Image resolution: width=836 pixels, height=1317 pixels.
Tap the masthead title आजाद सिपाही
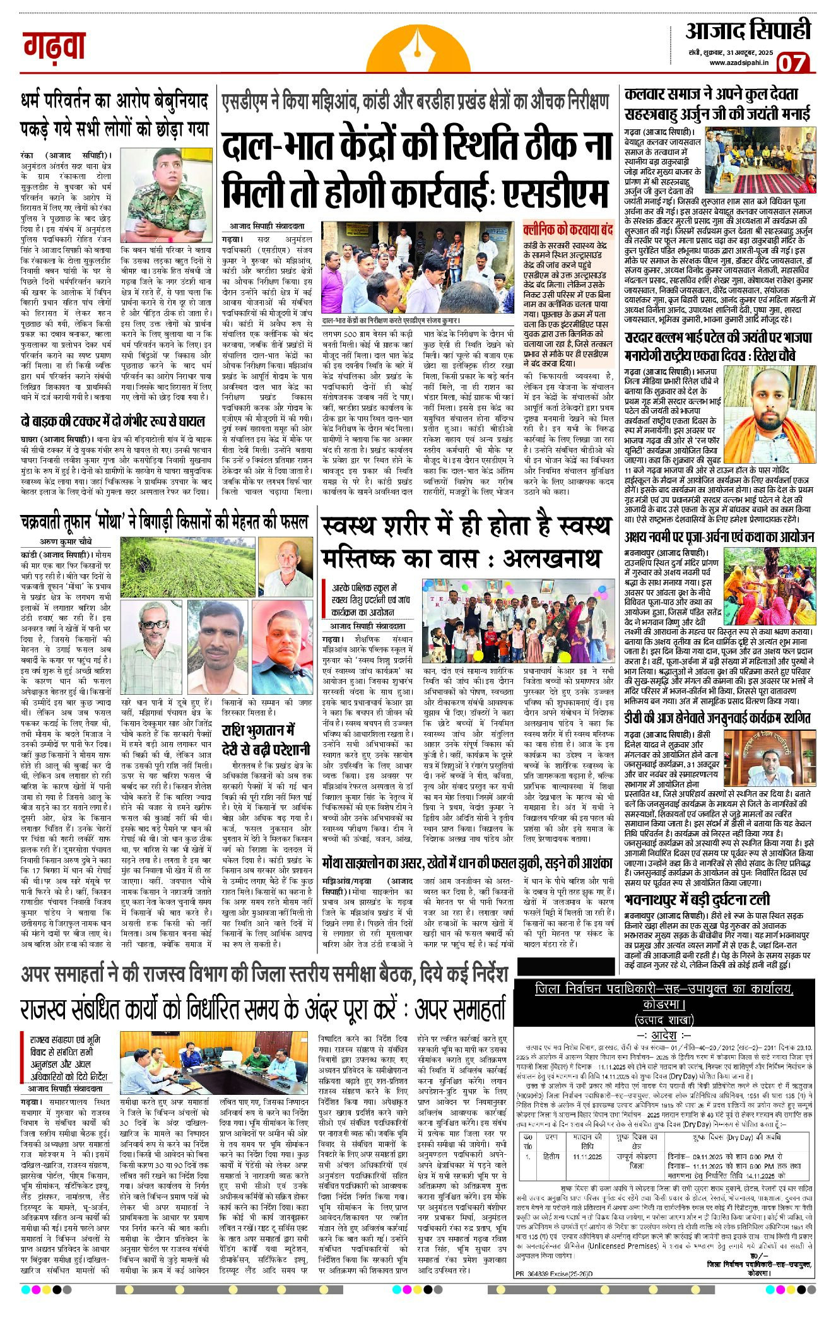[748, 30]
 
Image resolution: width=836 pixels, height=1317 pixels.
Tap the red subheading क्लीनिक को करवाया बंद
[568, 229]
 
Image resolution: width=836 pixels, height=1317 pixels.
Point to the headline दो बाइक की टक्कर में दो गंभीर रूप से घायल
[113, 421]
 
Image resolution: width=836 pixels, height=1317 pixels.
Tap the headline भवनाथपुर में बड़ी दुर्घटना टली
[697, 899]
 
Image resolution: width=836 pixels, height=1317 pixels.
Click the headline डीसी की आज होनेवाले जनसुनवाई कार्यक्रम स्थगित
[717, 718]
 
